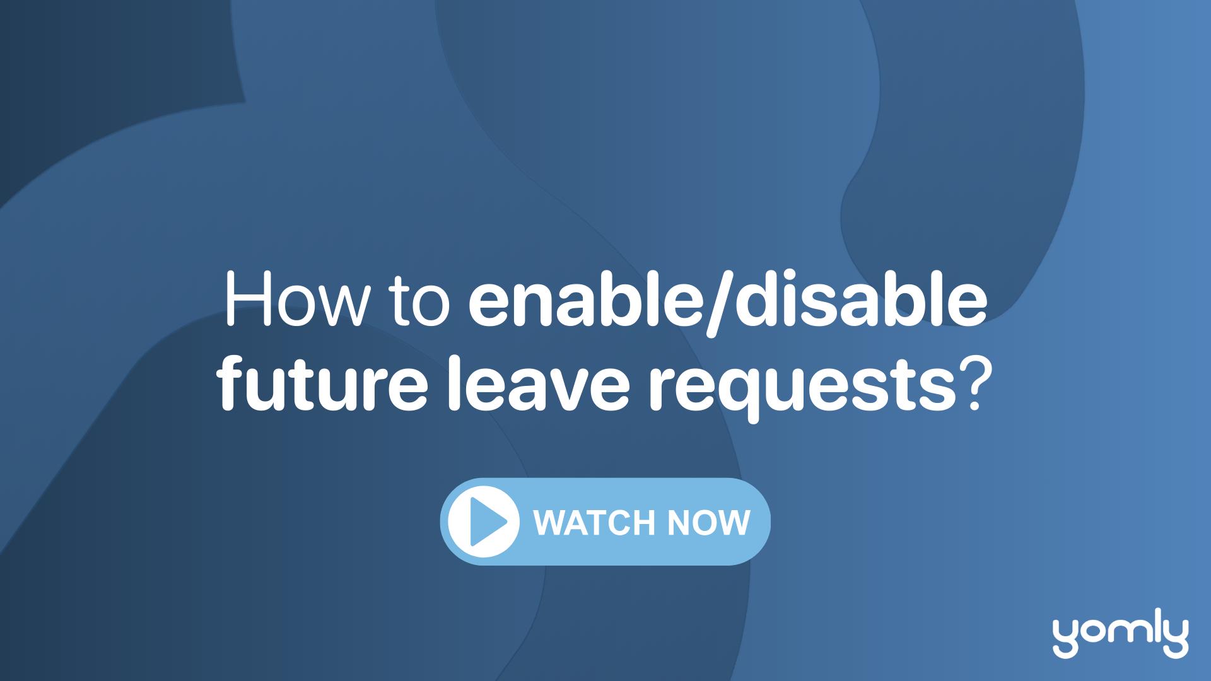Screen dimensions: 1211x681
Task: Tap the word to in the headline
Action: point(419,301)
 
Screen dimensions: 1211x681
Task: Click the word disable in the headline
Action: point(862,299)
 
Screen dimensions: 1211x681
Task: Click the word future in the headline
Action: point(322,383)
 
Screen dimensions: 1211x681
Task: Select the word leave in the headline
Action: point(539,383)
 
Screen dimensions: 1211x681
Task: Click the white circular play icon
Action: point(484,521)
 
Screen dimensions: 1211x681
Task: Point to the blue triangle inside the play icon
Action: point(487,521)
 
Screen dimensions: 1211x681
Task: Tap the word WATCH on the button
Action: point(595,523)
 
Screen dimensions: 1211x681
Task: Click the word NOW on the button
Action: point(709,523)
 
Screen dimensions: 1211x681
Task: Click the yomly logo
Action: point(1121,633)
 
